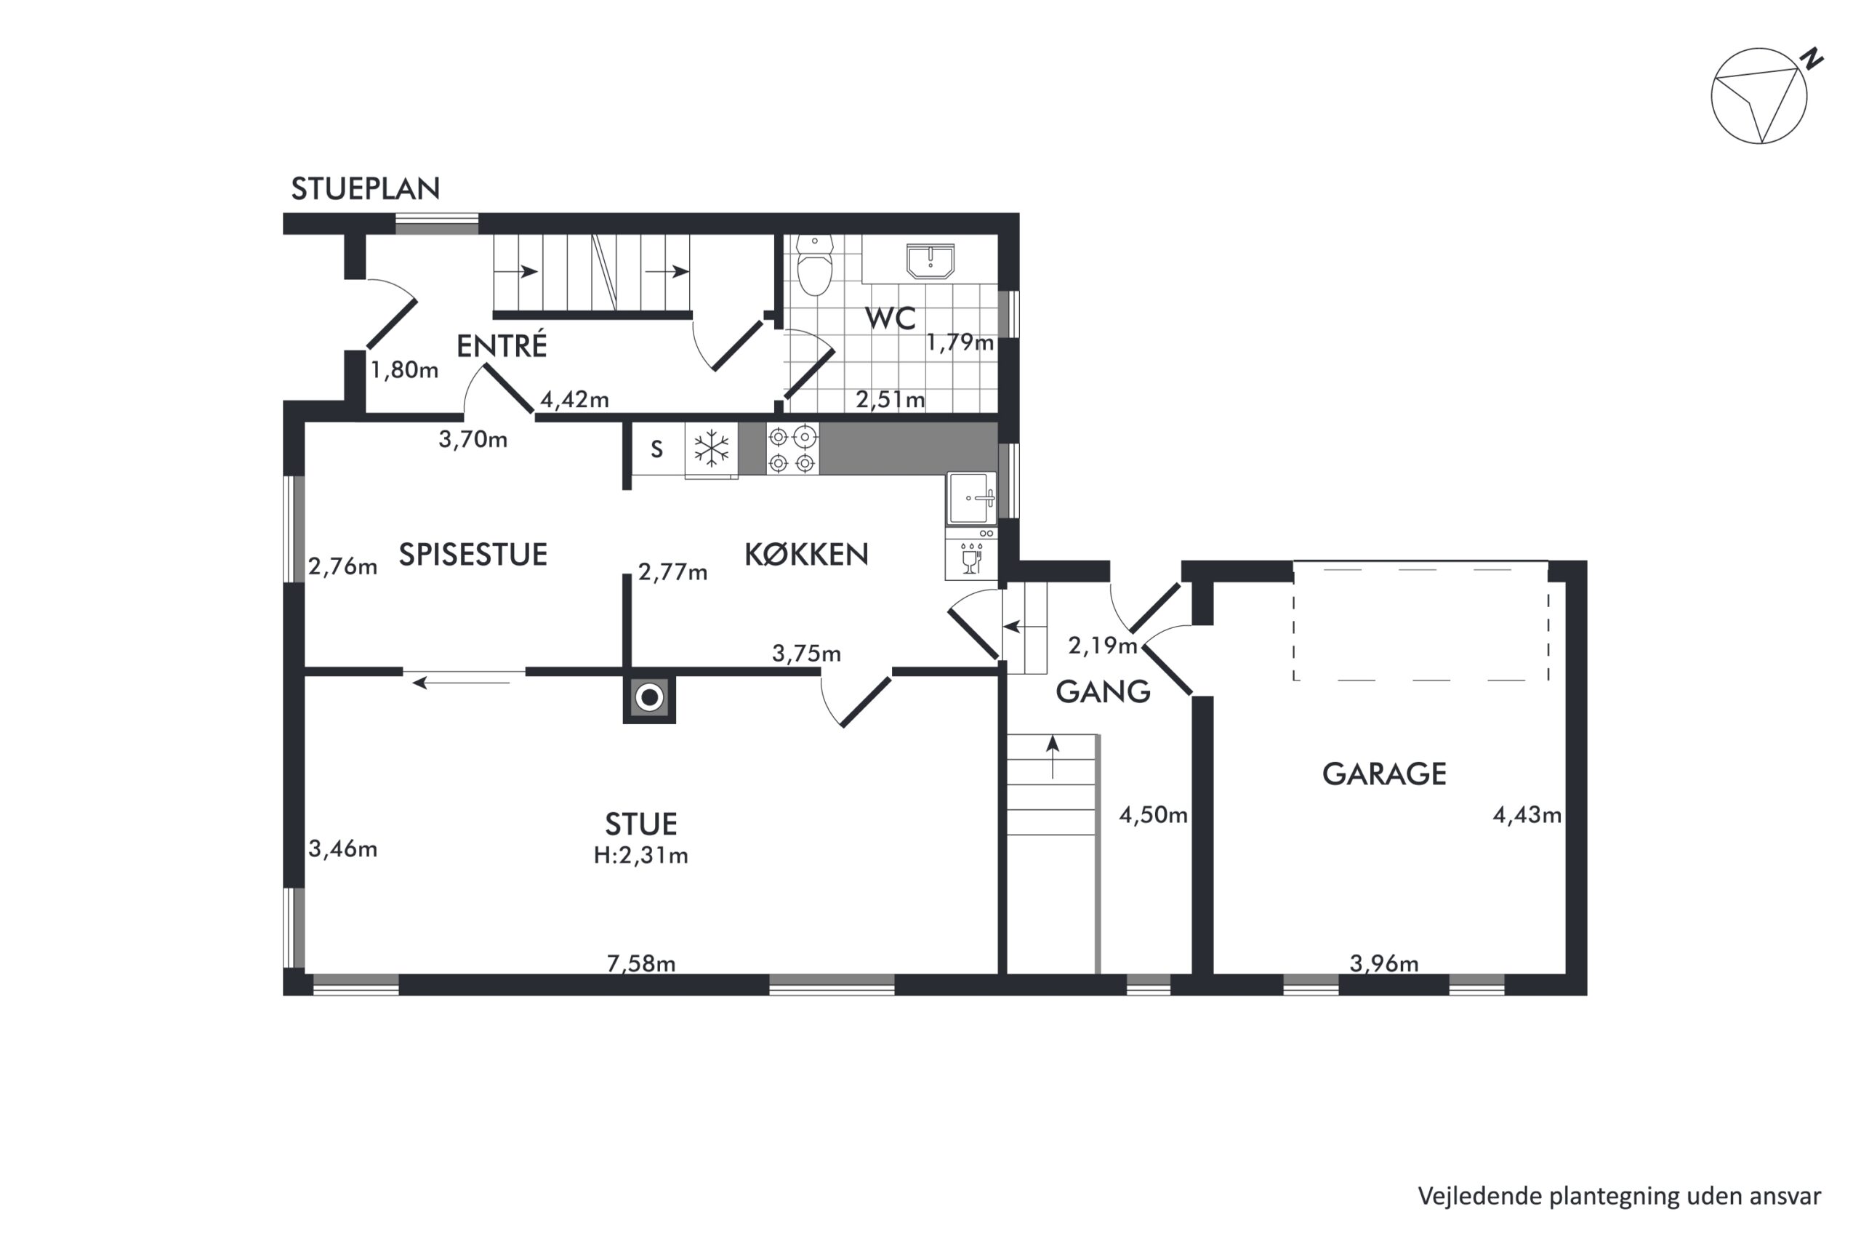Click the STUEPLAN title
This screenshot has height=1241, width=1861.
[x=365, y=188]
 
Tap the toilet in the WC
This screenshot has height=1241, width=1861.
[x=814, y=265]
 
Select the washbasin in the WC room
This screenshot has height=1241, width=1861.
[x=930, y=261]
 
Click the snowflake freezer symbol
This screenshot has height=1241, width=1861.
[x=712, y=449]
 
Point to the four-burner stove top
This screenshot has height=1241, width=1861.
[x=792, y=449]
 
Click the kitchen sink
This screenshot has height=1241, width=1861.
[x=972, y=499]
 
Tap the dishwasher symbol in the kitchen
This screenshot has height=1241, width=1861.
[x=971, y=555]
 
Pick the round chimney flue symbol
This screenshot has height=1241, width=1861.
[x=650, y=697]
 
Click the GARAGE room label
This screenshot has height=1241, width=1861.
[x=1384, y=774]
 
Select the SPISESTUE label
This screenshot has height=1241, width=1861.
[x=473, y=555]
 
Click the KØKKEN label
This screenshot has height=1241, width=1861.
[x=806, y=554]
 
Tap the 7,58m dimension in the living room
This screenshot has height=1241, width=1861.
[x=641, y=963]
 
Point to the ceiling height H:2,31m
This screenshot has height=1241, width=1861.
[x=641, y=856]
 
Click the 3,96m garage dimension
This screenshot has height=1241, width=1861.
[x=1384, y=963]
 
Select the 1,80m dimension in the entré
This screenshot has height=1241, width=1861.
[x=404, y=369]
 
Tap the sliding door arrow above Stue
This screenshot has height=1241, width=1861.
[x=462, y=682]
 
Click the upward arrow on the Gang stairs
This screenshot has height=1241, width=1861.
[x=1053, y=758]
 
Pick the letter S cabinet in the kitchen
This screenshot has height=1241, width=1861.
[x=656, y=449]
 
